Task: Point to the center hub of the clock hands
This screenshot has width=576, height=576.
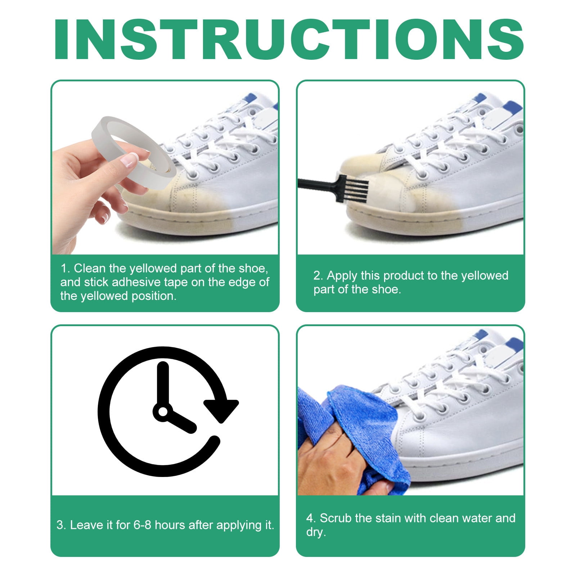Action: (x=163, y=411)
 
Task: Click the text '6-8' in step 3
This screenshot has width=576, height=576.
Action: (x=142, y=525)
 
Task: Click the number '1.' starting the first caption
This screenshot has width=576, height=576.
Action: (x=65, y=269)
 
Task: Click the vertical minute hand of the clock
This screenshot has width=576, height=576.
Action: (x=163, y=383)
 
